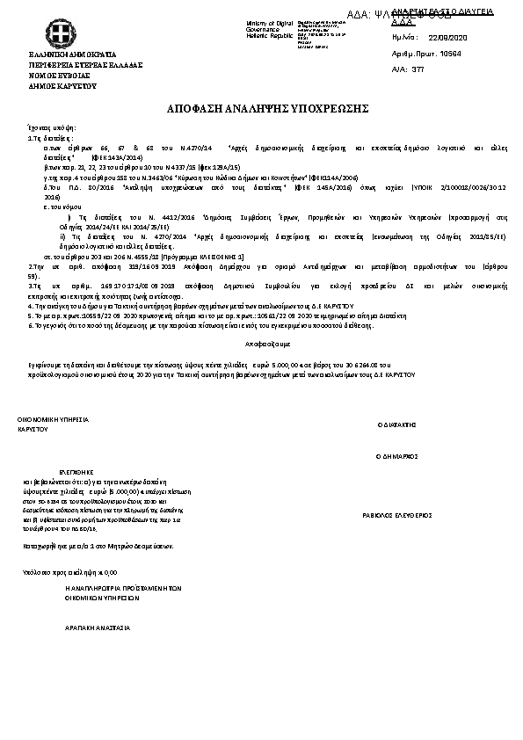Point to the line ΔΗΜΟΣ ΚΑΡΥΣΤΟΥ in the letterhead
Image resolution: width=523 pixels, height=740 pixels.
point(63,87)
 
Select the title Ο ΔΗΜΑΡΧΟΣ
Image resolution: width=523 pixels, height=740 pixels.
point(396,457)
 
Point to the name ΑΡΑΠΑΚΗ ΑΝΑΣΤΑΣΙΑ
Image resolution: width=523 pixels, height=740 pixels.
point(98,628)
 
